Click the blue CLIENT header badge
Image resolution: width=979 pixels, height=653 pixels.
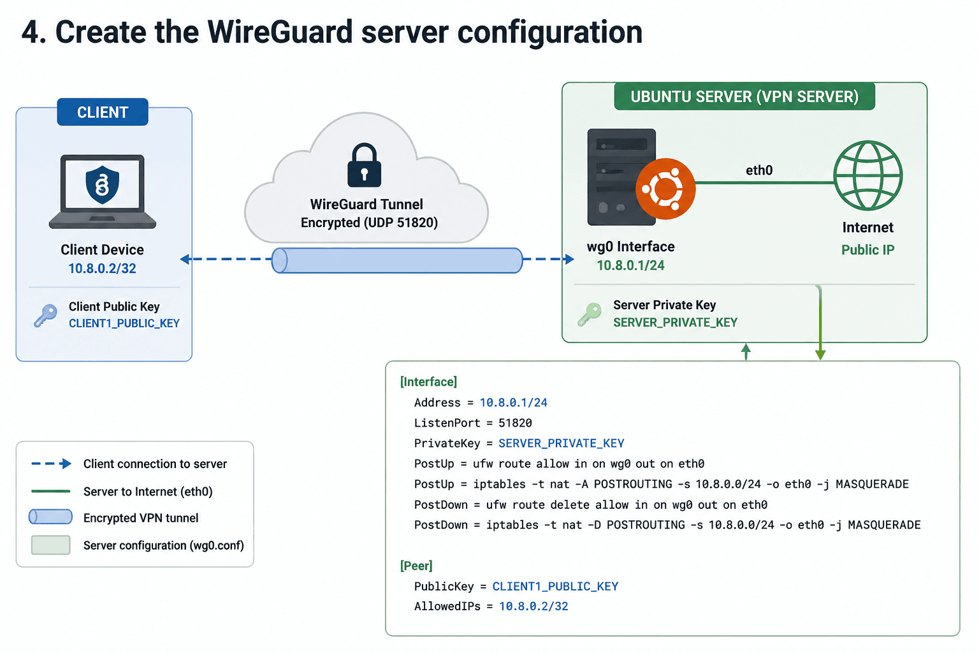pyautogui.click(x=102, y=112)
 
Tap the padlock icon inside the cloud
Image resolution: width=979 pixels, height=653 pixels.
pyautogui.click(x=364, y=165)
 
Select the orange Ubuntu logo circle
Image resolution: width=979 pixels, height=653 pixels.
pyautogui.click(x=665, y=189)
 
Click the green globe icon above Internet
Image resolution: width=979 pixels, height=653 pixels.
pyautogui.click(x=867, y=175)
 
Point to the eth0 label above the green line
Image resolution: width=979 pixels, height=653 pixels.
pyautogui.click(x=759, y=170)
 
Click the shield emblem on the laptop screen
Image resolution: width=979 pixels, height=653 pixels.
pyautogui.click(x=102, y=184)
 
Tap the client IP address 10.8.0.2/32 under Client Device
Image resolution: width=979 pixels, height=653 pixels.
pyautogui.click(x=102, y=268)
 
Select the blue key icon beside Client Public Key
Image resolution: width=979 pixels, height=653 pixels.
pyautogui.click(x=45, y=316)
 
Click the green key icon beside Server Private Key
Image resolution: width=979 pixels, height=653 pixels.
pyautogui.click(x=589, y=314)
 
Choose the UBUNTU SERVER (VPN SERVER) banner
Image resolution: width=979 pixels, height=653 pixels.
pyautogui.click(x=744, y=96)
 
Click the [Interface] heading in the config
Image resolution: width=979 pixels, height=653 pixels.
pyautogui.click(x=428, y=382)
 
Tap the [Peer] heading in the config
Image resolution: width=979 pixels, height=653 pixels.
pyautogui.click(x=416, y=566)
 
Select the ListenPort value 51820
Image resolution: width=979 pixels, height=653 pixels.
pyautogui.click(x=515, y=423)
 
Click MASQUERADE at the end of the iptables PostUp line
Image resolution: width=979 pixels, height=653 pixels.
pyautogui.click(x=873, y=484)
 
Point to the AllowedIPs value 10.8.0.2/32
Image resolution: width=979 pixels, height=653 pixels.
pyautogui.click(x=533, y=606)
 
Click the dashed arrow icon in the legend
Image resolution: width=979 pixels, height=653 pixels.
pyautogui.click(x=51, y=464)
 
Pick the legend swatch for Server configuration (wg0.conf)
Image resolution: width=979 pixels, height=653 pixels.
pyautogui.click(x=51, y=545)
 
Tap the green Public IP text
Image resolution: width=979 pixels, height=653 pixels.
pyautogui.click(x=868, y=250)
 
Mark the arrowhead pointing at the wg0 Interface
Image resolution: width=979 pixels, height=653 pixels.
pyautogui.click(x=569, y=259)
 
